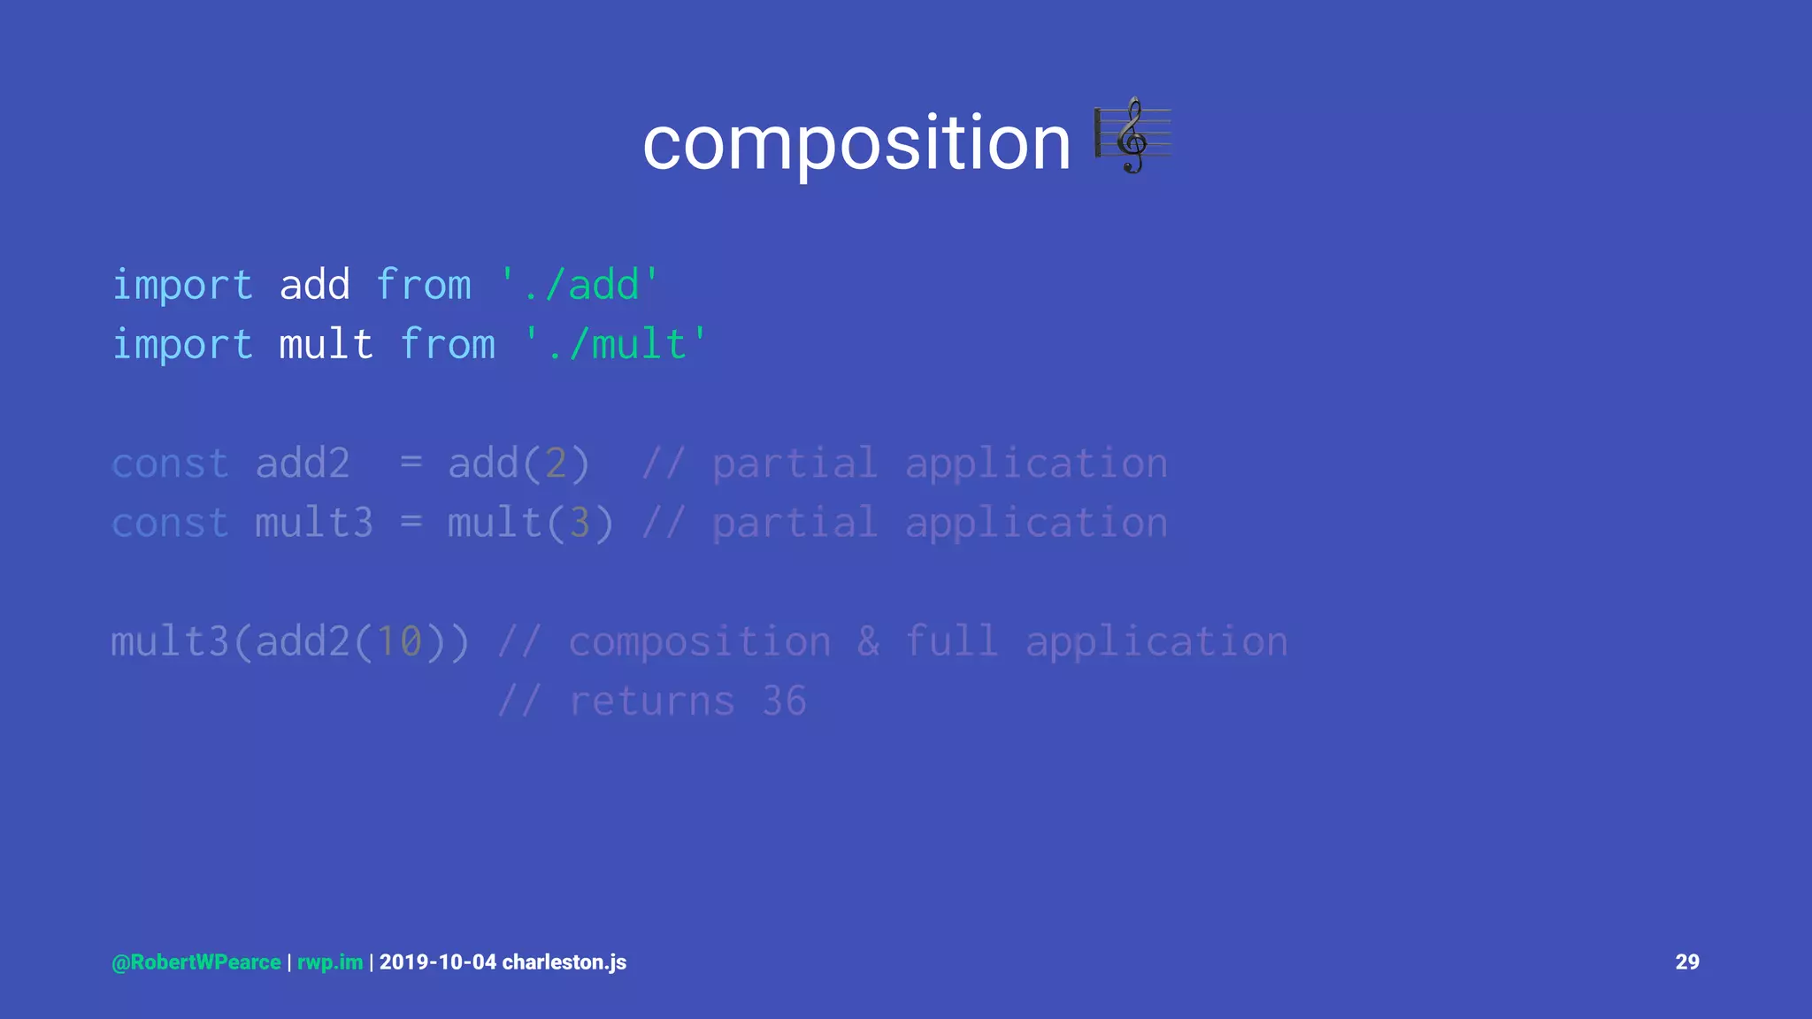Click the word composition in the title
click(x=856, y=143)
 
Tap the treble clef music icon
click(x=1132, y=136)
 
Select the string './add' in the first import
click(x=580, y=285)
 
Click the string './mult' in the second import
click(x=615, y=344)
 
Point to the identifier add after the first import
click(x=315, y=285)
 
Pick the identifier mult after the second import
click(x=326, y=344)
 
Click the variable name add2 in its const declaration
click(x=303, y=464)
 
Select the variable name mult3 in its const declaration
click(x=314, y=523)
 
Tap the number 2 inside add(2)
click(x=555, y=464)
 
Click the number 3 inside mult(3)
click(x=580, y=523)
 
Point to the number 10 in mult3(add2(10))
click(x=399, y=641)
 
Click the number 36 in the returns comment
click(x=784, y=701)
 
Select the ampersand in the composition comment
click(x=868, y=641)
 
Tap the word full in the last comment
click(x=951, y=641)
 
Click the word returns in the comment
click(x=651, y=701)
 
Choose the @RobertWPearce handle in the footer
click(x=196, y=962)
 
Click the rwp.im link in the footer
click(x=330, y=962)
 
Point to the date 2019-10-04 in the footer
click(x=438, y=962)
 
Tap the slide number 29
click(x=1686, y=962)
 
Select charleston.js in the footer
click(x=564, y=962)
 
